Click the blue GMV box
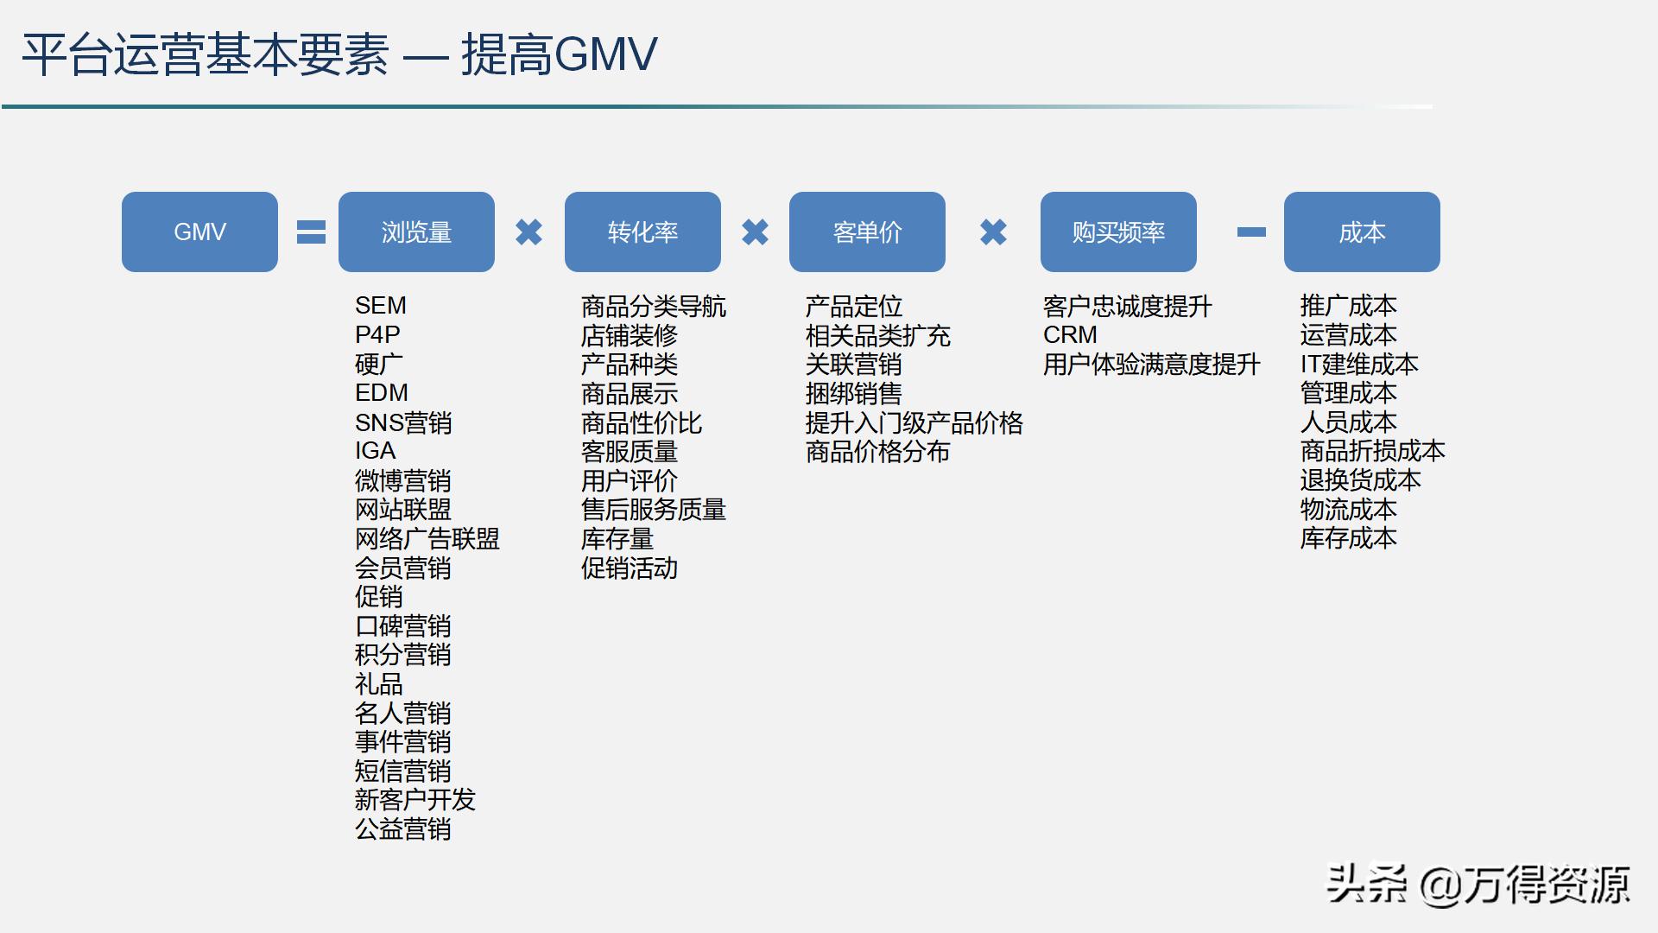[199, 232]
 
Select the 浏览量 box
[416, 232]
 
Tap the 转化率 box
[642, 232]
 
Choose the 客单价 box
[867, 232]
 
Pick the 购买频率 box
[1118, 232]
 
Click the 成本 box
[1362, 232]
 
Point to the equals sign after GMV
[311, 232]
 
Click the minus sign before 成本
[1251, 232]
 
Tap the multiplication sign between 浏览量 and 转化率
[528, 232]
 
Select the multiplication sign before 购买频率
[993, 232]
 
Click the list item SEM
[380, 306]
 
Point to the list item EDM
[381, 393]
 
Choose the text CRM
[1070, 335]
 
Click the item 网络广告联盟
[427, 539]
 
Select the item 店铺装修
[629, 335]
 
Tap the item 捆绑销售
[853, 394]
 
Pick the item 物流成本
[1348, 510]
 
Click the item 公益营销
[402, 829]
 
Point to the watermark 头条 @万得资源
[1478, 885]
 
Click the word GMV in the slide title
[605, 54]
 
